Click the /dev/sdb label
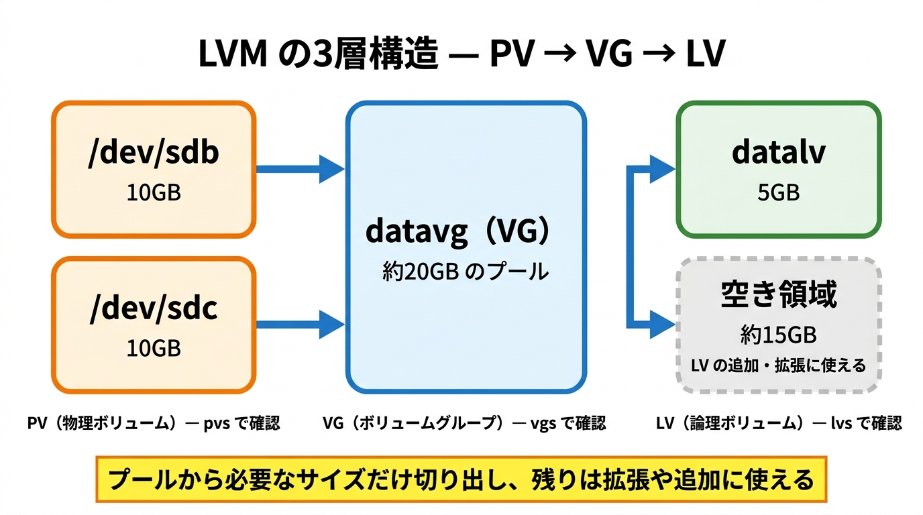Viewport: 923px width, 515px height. [154, 153]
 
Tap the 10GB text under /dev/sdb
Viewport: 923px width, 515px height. [154, 192]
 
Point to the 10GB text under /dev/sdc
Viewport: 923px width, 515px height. [154, 348]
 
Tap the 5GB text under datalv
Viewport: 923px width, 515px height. [779, 192]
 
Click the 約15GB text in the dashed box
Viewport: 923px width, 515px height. [779, 335]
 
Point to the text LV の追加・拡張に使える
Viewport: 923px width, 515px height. [779, 365]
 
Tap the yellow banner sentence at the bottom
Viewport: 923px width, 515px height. [461, 479]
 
